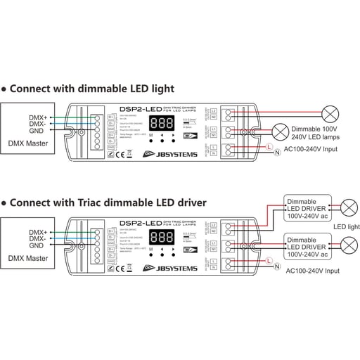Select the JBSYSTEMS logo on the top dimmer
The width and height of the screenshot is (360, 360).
tap(167, 154)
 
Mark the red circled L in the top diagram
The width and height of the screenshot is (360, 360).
tap(268, 145)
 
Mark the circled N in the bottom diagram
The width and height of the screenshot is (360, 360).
tap(277, 267)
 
